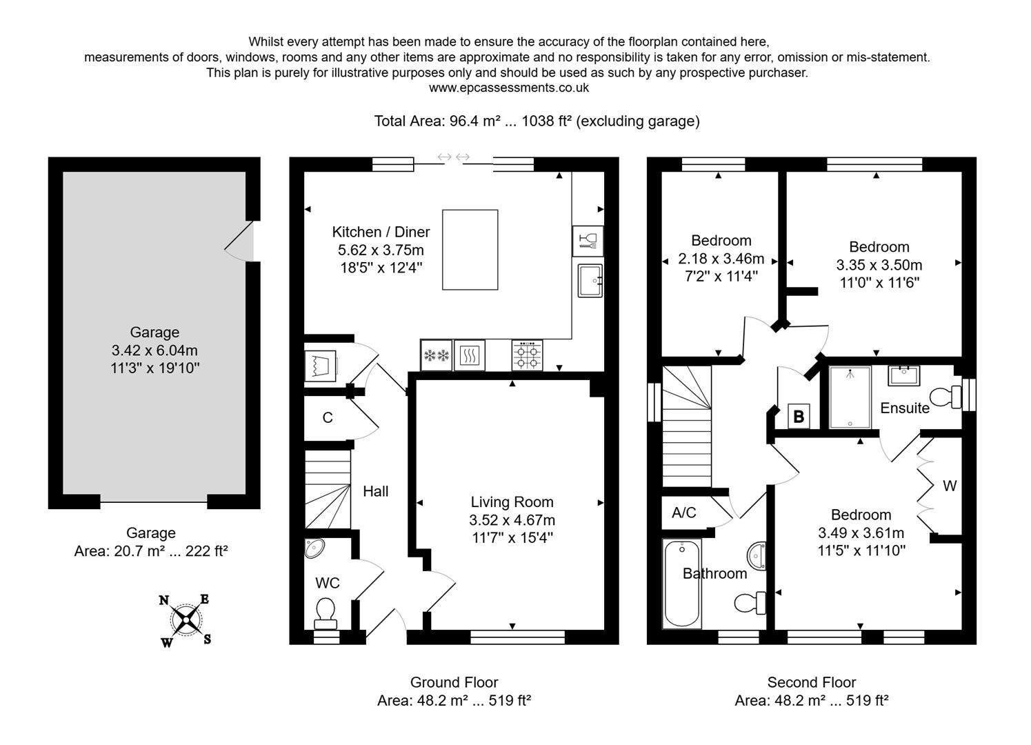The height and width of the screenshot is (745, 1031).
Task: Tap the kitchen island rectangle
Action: (470, 250)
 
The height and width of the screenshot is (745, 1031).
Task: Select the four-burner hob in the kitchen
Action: (527, 355)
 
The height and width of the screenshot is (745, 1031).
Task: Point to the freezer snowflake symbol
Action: (436, 355)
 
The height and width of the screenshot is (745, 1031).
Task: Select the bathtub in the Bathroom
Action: (681, 584)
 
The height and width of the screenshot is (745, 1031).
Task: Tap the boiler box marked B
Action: (799, 417)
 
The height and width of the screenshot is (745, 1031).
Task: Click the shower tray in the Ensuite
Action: (850, 398)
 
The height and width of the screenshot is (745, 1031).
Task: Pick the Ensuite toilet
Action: (946, 397)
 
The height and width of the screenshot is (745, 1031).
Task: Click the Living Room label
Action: (512, 502)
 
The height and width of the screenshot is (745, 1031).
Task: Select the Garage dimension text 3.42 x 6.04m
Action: (154, 350)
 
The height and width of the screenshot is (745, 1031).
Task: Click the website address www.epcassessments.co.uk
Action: (508, 88)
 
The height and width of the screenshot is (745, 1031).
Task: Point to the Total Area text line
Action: (536, 121)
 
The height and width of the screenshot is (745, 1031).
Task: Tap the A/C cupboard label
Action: (683, 513)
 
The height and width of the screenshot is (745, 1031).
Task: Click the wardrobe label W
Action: (949, 486)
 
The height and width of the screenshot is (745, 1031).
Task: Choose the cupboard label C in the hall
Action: (328, 417)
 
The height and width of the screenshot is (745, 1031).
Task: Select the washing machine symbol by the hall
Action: (321, 366)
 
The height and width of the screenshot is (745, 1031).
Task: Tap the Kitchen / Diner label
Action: (381, 232)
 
